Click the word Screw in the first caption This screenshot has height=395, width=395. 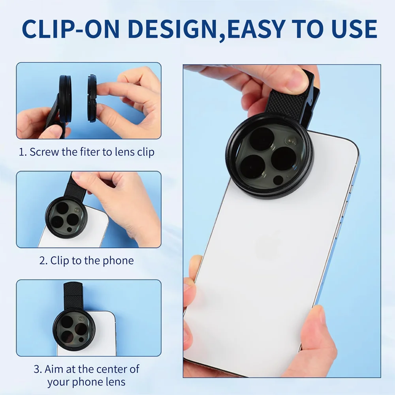coord(44,152)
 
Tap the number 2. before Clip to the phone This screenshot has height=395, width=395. coord(43,261)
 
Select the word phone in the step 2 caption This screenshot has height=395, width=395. coord(118,261)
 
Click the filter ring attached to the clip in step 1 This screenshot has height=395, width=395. coord(64,99)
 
